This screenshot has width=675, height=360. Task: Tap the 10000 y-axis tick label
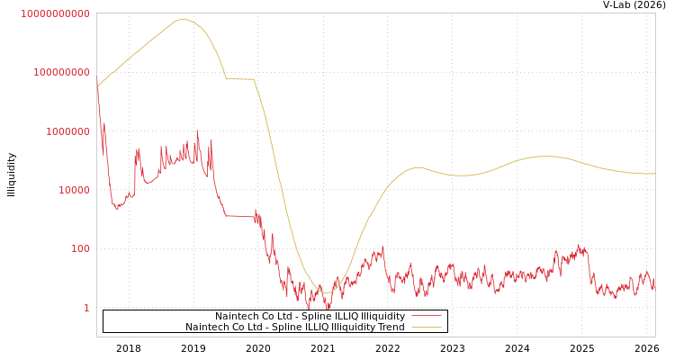pos(68,190)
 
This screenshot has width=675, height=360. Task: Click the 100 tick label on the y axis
pos(80,248)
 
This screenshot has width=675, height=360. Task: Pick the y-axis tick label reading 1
pos(87,308)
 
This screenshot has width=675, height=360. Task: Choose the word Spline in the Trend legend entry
pos(277,327)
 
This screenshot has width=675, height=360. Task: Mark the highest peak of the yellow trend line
pos(183,19)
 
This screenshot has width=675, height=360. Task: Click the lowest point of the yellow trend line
pos(326,292)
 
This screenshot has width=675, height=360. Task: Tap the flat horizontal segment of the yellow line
pos(239,79)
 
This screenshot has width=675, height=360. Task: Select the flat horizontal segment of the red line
pos(239,216)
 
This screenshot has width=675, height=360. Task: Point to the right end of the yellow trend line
pos(654,174)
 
